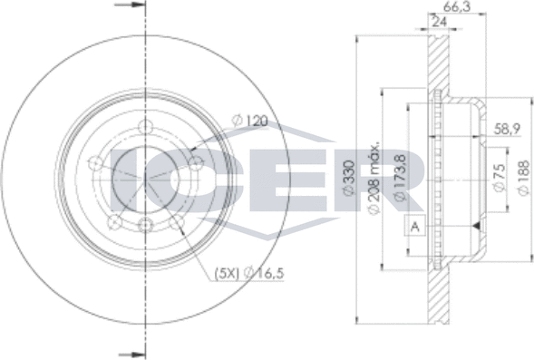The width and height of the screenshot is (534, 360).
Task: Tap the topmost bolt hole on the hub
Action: (144, 127)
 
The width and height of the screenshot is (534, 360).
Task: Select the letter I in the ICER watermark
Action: (118, 177)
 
